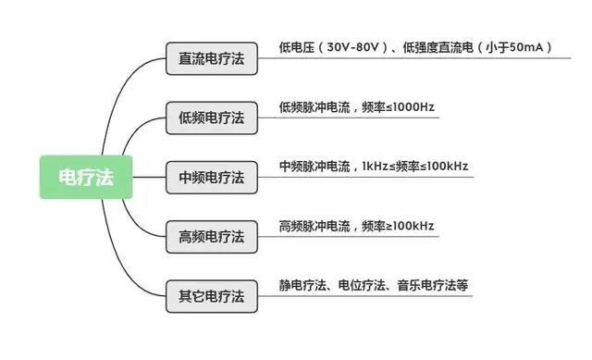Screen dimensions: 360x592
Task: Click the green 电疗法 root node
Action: click(x=86, y=177)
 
